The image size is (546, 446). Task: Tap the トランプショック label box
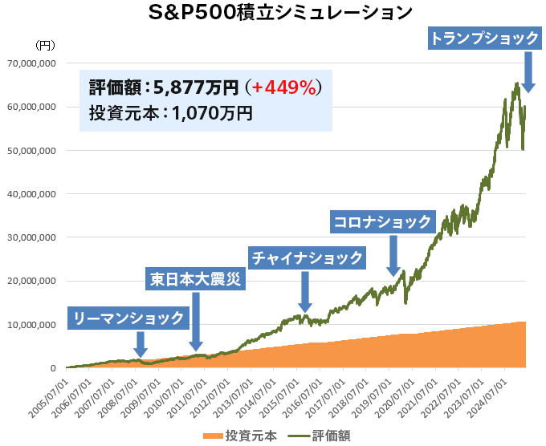point(483,38)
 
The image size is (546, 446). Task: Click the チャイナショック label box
point(308,258)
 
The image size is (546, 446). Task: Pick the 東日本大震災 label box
point(195,279)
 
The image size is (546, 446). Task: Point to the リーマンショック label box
point(129,318)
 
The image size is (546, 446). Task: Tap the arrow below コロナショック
point(393,256)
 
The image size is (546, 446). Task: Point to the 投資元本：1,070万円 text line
point(170,113)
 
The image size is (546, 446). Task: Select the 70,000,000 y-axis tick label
point(31,63)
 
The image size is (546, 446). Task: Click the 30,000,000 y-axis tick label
point(31,237)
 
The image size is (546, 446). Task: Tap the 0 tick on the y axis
point(52,368)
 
